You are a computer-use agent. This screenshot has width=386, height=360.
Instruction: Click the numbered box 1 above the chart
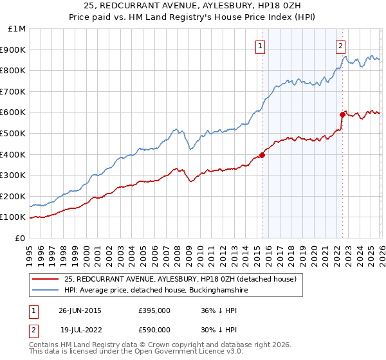tap(260, 46)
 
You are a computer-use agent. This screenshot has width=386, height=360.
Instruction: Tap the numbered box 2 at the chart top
tap(340, 46)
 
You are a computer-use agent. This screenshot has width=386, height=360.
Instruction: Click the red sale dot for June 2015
tap(262, 155)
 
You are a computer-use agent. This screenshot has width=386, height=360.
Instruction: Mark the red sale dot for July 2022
tap(342, 114)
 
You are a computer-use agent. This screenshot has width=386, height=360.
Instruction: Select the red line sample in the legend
tap(46, 279)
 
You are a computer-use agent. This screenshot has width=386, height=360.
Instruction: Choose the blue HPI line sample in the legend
tap(46, 291)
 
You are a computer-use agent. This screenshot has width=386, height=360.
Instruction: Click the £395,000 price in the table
tap(154, 310)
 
